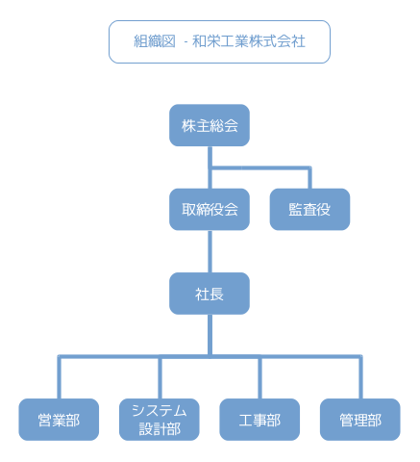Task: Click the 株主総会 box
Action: pos(210,125)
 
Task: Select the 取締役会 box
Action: pos(210,210)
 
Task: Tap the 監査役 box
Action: pos(309,210)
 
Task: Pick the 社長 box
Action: pos(210,294)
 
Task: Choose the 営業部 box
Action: pos(59,420)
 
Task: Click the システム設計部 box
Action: pos(160,420)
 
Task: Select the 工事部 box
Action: pos(259,420)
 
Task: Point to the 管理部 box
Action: pos(360,420)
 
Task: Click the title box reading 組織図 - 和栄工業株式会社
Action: pos(219,42)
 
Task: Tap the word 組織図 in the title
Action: pos(155,41)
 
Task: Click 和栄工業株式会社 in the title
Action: pos(249,41)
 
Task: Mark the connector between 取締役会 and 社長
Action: pos(210,251)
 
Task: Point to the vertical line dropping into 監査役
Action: pos(309,178)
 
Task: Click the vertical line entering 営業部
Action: pos(60,377)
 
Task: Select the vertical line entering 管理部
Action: pos(360,377)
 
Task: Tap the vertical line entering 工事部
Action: pos(259,377)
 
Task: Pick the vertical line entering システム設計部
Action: pos(160,377)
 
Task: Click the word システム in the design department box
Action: pos(160,411)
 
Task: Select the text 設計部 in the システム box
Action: pos(160,429)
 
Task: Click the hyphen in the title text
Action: pos(185,43)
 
